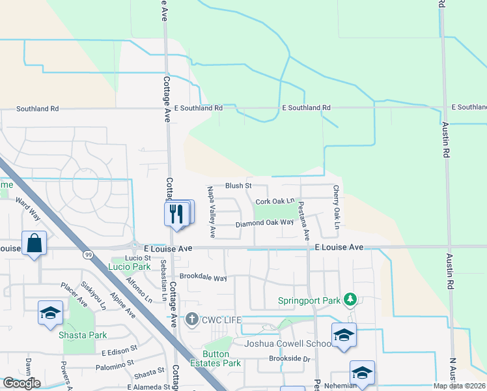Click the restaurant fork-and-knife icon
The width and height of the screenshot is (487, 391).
coord(176,214)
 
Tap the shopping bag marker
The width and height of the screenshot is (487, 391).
coord(34,244)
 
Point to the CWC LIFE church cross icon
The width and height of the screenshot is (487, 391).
coord(191,319)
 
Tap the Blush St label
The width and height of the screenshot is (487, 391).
coord(238,186)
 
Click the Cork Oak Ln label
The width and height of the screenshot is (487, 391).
coord(275,202)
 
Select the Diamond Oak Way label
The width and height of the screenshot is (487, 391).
coord(264,224)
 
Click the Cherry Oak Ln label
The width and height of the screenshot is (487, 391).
coord(336,207)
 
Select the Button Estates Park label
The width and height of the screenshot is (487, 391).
coord(216,358)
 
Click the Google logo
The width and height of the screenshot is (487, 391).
coord(21,383)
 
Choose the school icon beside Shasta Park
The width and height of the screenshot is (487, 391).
coord(50,312)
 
